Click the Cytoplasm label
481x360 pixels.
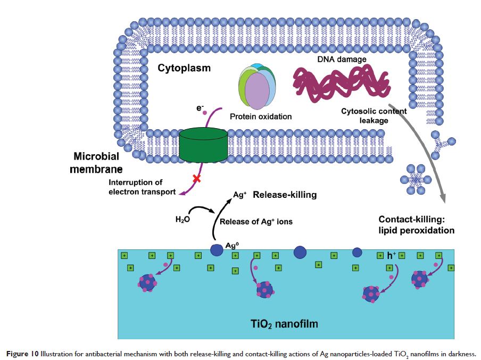coord(184,69)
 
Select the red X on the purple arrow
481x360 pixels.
coord(196,179)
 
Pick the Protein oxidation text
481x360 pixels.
coord(261,117)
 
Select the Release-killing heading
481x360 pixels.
coord(285,195)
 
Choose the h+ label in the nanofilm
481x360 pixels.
coord(391,256)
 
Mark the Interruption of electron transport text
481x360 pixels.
coord(142,187)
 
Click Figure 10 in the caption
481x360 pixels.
coord(22,354)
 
